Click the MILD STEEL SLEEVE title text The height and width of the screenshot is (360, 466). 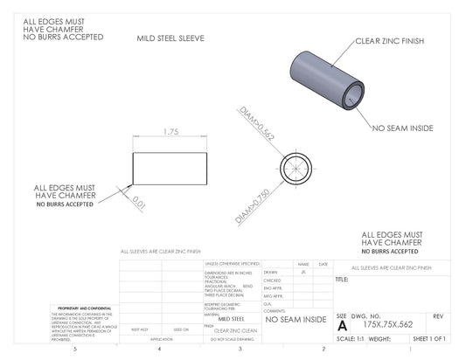click(x=170, y=39)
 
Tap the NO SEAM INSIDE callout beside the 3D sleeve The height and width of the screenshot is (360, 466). click(x=402, y=128)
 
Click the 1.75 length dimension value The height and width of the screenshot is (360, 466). click(x=171, y=131)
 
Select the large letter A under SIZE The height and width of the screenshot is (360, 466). click(x=341, y=324)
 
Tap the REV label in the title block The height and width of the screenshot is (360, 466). click(x=438, y=315)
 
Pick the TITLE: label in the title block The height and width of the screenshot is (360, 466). click(x=342, y=280)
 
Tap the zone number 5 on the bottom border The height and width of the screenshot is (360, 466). click(x=75, y=349)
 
